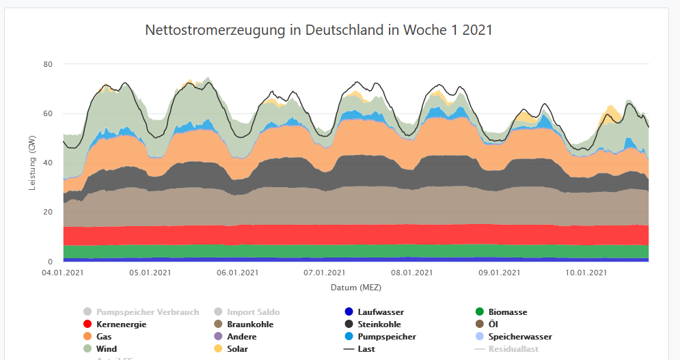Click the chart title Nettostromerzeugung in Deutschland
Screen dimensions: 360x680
[x=318, y=31]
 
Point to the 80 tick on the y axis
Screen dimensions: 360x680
[x=48, y=64]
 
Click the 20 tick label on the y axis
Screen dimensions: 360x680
[x=48, y=212]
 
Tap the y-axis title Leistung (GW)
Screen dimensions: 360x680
[x=32, y=163]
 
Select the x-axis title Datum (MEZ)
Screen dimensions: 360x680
[x=355, y=288]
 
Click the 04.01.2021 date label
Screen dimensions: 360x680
[x=63, y=273]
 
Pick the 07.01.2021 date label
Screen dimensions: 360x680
[x=325, y=273]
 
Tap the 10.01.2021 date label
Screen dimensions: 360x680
[x=587, y=273]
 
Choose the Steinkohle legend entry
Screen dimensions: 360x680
[x=379, y=324]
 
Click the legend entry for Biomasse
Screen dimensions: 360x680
[x=508, y=312]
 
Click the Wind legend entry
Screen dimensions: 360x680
[x=106, y=349]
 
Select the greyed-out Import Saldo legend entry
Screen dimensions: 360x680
[x=253, y=312]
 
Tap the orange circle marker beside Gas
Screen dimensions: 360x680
[x=87, y=337]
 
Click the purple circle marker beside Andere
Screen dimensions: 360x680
[x=218, y=337]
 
